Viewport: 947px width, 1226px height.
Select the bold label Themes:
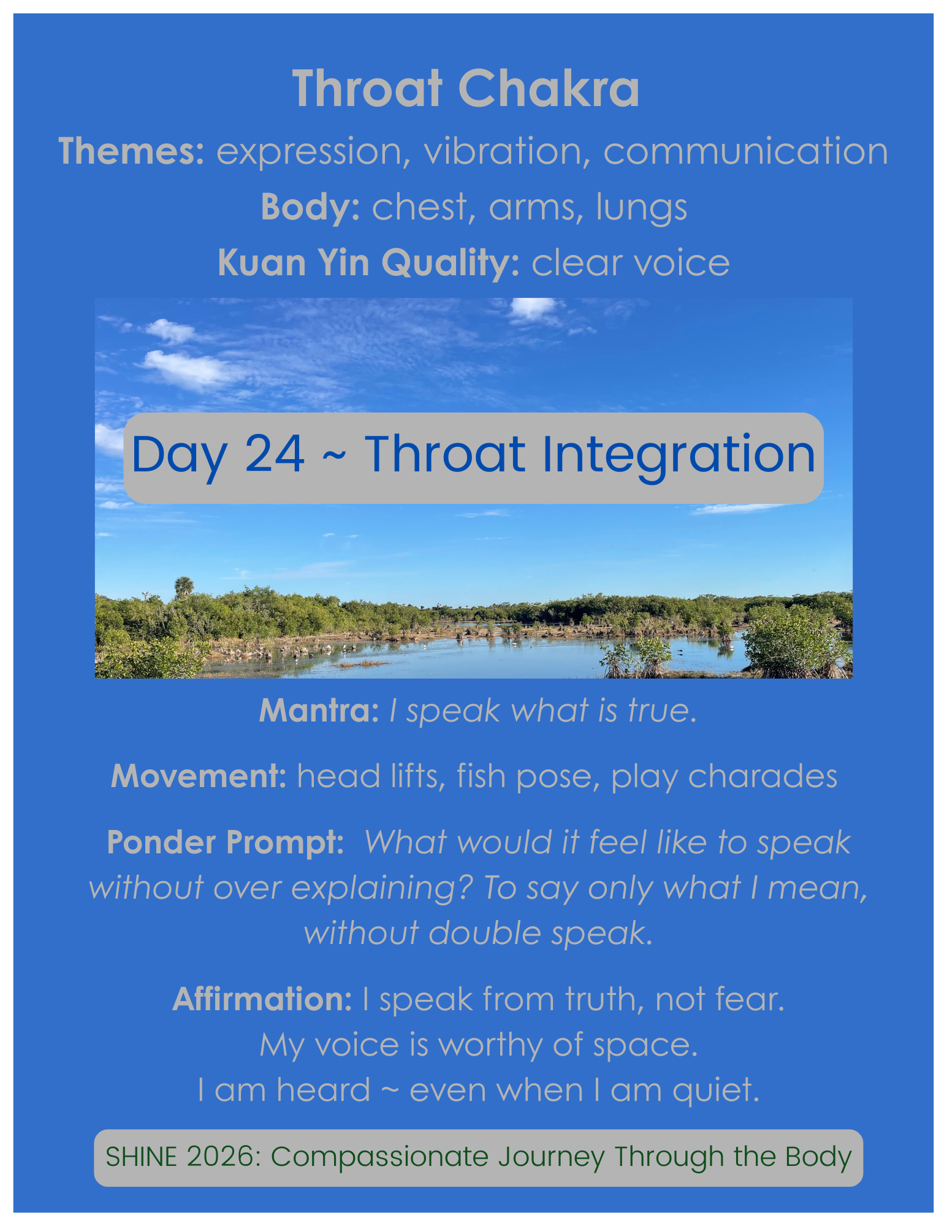point(131,151)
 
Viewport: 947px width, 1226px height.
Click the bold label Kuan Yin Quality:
point(368,263)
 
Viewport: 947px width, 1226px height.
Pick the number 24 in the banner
point(274,454)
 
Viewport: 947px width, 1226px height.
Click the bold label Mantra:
point(319,710)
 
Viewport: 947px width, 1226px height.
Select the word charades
point(763,777)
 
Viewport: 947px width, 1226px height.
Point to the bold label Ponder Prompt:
point(226,842)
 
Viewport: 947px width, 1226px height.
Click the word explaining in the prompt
point(381,888)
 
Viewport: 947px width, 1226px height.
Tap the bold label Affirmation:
point(262,1000)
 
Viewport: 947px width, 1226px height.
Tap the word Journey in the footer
point(552,1157)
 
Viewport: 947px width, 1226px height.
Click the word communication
point(745,151)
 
